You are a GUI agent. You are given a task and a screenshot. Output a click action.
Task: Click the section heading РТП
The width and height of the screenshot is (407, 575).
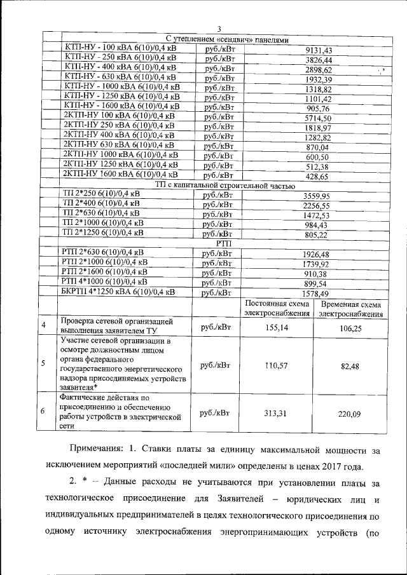(x=224, y=243)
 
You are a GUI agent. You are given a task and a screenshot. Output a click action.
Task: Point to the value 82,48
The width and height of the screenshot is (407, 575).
(x=350, y=366)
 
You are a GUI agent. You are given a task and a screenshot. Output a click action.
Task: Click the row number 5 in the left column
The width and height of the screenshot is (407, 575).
(x=43, y=364)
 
